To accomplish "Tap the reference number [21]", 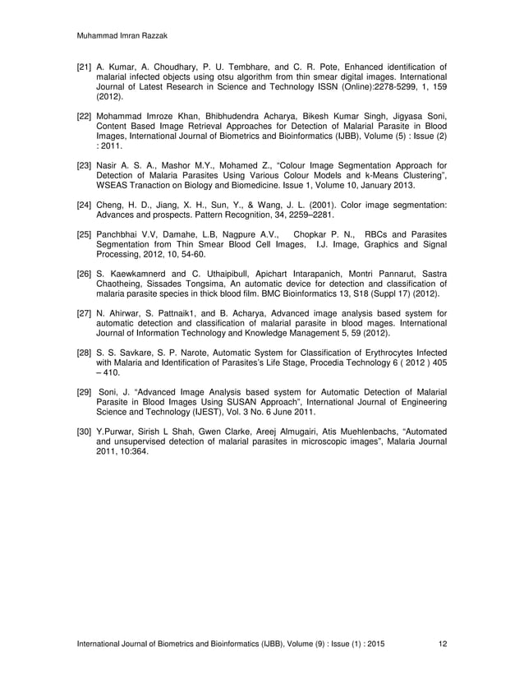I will (85, 66).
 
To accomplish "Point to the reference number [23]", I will (85, 165).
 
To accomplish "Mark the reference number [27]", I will (85, 313).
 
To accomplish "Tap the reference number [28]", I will (85, 353).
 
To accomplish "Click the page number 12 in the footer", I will (443, 643).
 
